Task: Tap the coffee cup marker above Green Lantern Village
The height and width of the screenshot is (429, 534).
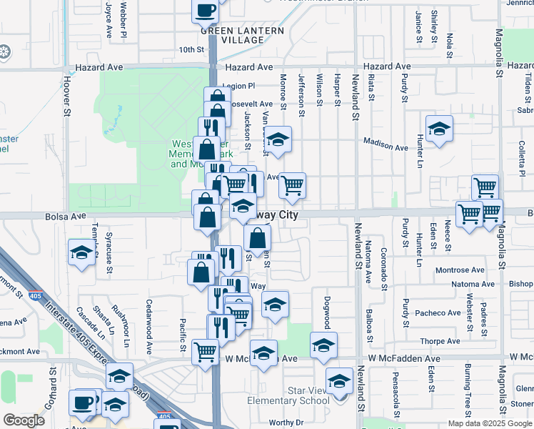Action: coord(206,11)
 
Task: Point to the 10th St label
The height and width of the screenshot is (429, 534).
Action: coord(191,50)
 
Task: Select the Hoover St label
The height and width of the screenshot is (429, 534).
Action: coord(68,97)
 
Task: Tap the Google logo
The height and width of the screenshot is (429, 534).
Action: coord(24,420)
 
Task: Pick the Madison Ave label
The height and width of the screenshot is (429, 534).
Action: coord(386,145)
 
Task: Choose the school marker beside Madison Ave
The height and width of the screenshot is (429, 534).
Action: coord(439,129)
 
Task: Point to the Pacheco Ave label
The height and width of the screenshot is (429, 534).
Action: coord(438,313)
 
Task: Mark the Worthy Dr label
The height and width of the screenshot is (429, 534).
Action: coord(286,423)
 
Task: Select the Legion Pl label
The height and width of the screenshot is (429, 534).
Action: coord(238,86)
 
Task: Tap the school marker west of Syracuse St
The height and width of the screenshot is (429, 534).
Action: coord(81,252)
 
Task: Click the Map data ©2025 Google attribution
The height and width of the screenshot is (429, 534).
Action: coord(490,423)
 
